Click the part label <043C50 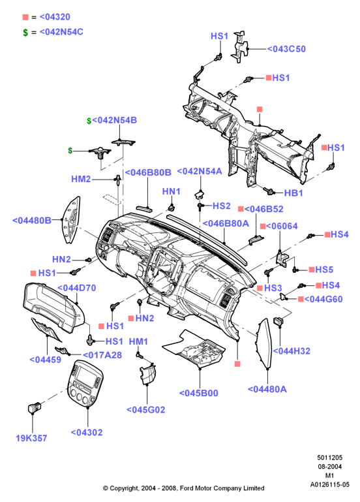coord(286,49)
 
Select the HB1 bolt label coord(293,193)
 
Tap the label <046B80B coord(148,172)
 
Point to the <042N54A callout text coord(200,171)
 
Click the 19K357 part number coord(31,438)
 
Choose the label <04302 coord(87,433)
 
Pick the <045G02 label coord(146,410)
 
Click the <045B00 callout coord(198,393)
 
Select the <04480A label coord(267,389)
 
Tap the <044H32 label coord(292,351)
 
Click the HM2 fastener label coord(81,179)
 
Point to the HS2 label coord(222,206)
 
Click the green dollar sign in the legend coord(25,33)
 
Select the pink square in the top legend coord(25,17)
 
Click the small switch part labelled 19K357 coord(34,407)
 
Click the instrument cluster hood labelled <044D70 coord(53,307)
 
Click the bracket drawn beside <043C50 coord(240,47)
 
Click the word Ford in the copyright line coord(187,488)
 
